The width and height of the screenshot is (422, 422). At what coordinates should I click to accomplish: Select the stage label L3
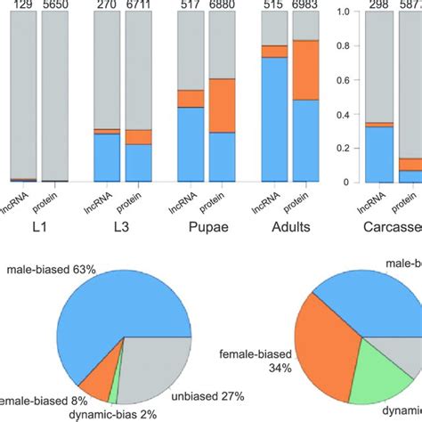[122, 227]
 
